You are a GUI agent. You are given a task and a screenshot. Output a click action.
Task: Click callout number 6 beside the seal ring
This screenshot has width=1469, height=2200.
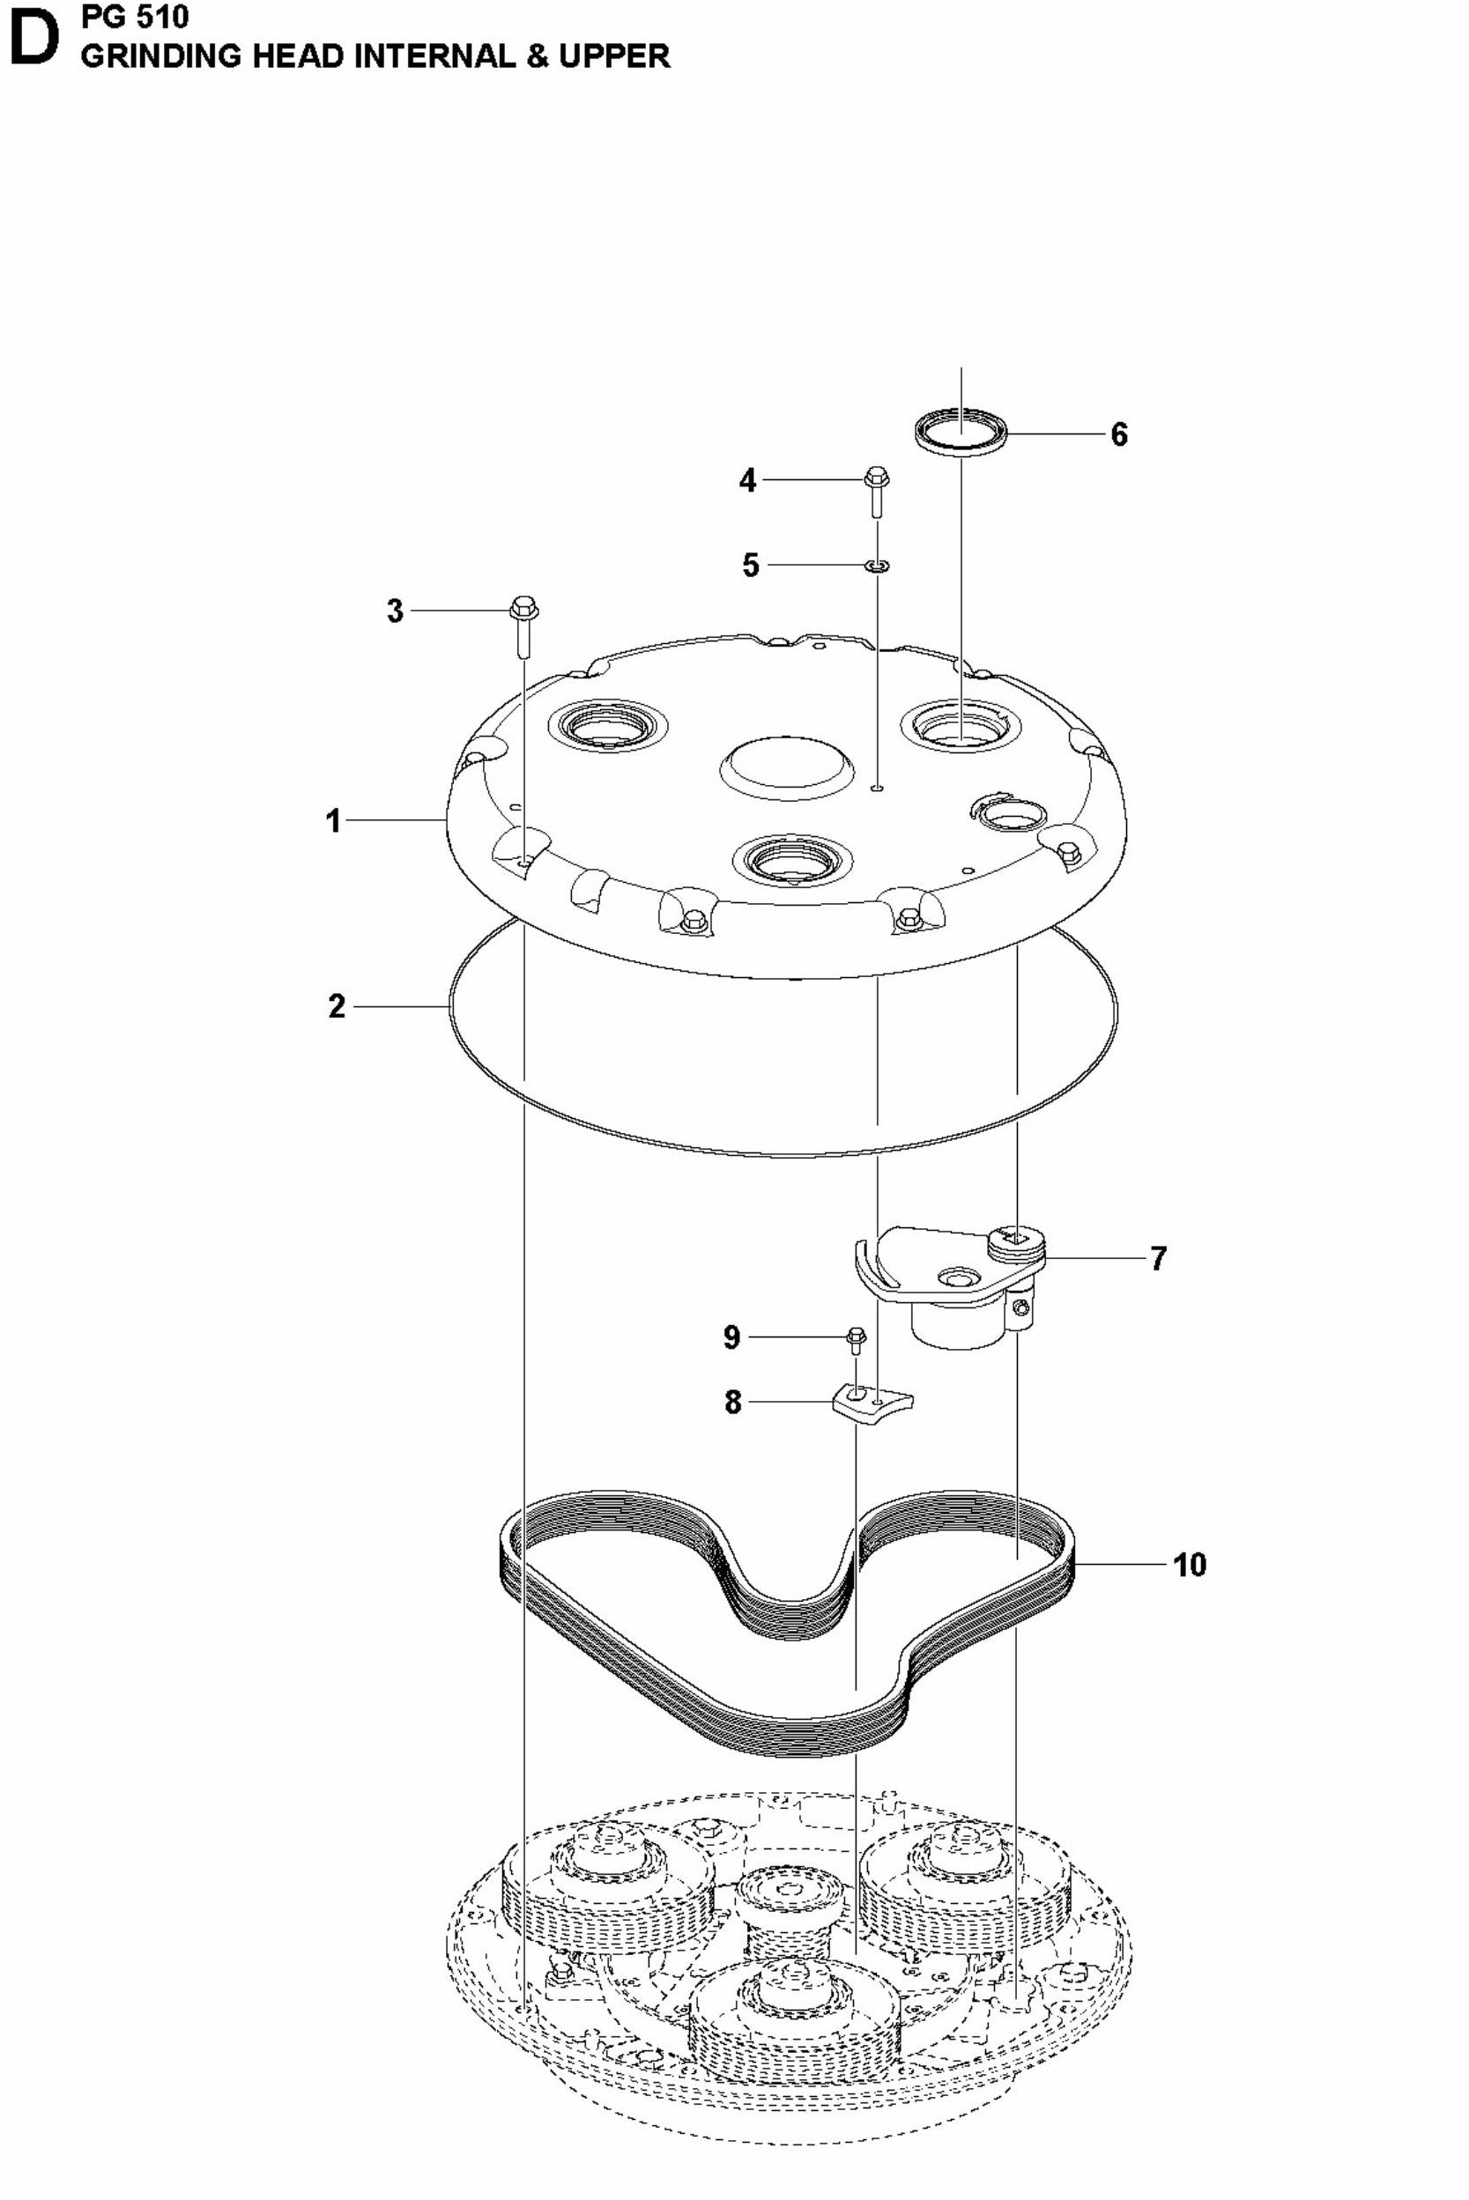[1118, 434]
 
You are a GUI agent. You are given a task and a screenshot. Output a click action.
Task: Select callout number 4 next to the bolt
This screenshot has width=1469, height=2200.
[747, 480]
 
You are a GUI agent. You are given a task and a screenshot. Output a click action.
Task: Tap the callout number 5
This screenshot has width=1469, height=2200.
[751, 566]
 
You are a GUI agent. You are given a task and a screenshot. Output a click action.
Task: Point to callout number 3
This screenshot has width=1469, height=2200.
[396, 611]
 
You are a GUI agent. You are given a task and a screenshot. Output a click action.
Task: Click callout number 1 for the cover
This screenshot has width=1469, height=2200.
[333, 821]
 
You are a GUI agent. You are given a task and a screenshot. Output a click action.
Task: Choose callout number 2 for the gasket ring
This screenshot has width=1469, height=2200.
[338, 1007]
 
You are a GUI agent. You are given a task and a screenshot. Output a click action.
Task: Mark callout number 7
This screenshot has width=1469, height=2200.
[1159, 1258]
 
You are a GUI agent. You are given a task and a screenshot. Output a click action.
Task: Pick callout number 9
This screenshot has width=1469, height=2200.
[731, 1337]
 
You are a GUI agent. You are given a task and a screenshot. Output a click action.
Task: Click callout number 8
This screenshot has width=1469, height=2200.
[732, 1402]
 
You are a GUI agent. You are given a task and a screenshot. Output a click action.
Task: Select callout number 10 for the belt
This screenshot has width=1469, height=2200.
[1190, 1565]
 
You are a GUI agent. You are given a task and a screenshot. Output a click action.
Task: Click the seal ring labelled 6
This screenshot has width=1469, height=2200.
[962, 432]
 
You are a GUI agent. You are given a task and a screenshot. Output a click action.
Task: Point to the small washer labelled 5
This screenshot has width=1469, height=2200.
[877, 566]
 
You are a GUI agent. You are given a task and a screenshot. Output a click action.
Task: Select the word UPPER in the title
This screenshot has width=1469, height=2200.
[614, 56]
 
